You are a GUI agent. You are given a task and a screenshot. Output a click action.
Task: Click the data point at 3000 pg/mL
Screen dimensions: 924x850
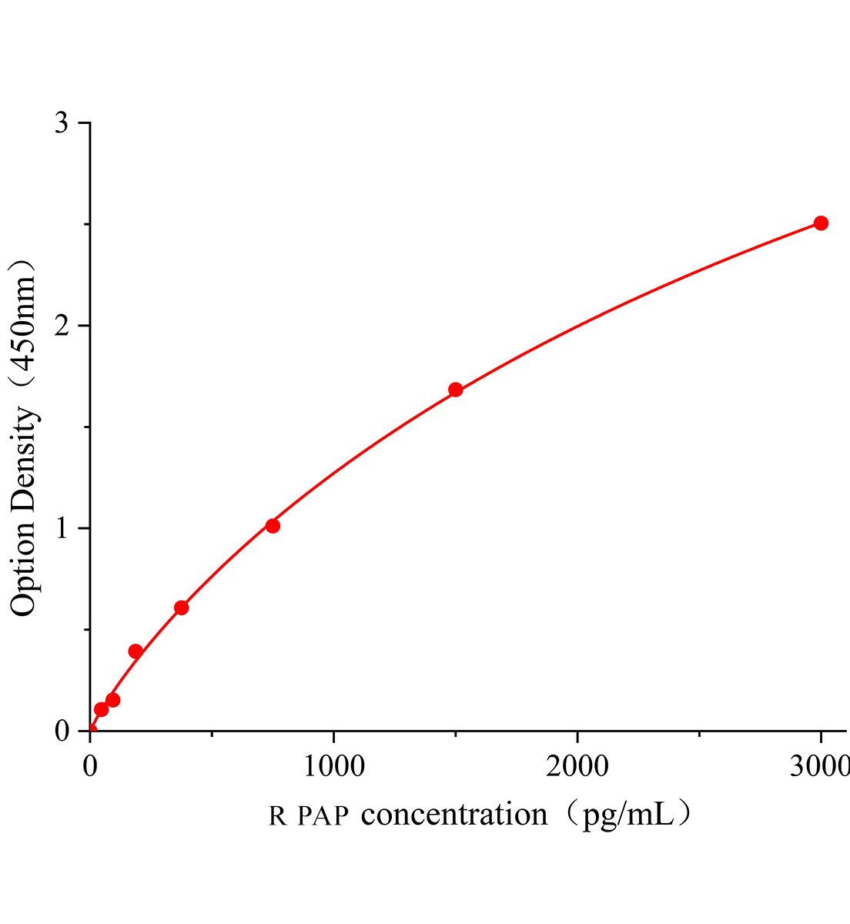coord(821,223)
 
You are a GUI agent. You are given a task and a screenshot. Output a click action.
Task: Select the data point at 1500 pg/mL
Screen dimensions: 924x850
coord(455,390)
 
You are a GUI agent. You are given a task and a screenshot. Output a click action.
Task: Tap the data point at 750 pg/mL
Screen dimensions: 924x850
coord(273,526)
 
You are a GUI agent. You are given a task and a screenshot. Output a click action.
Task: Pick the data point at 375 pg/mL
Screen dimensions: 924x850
coord(182,608)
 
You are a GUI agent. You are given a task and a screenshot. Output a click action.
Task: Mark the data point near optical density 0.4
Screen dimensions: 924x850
coord(136,651)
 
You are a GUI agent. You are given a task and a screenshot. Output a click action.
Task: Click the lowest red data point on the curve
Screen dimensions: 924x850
coord(101,709)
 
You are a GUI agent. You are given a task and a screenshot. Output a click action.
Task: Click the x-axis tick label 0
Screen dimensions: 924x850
coord(90,766)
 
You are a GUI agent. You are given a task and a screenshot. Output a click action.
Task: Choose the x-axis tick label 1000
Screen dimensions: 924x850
coord(333,766)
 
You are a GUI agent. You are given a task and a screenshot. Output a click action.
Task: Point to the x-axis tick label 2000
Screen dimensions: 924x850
coord(577,766)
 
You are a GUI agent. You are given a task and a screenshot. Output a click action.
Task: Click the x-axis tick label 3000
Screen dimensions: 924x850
coord(819,766)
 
